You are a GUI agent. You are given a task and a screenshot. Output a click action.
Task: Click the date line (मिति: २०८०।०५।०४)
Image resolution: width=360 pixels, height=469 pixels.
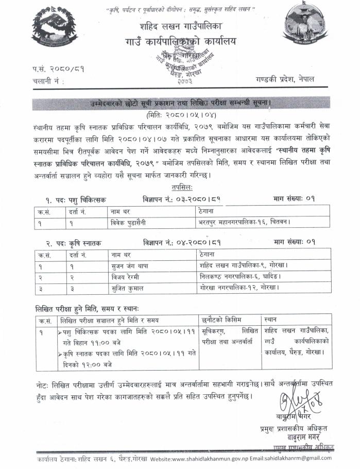tap(180, 114)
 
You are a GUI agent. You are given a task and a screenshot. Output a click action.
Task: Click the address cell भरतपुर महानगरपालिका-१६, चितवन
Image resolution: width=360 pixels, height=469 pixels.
tap(244, 223)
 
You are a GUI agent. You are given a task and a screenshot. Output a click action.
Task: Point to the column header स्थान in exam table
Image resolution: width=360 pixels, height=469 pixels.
tap(272, 320)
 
